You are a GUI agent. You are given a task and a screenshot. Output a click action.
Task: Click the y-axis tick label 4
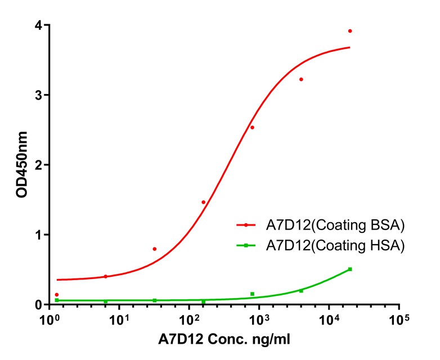tap(38, 25)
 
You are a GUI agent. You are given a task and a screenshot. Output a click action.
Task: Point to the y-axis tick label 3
tap(38, 95)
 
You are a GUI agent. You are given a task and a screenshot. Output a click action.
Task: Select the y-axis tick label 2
tap(38, 165)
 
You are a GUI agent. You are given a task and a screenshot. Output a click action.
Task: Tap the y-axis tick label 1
tap(38, 235)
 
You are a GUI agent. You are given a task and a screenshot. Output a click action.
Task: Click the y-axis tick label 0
tap(38, 304)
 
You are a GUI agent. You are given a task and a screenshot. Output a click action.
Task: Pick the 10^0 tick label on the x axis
tap(49, 320)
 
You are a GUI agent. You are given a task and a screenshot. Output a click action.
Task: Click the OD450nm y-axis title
tap(21, 165)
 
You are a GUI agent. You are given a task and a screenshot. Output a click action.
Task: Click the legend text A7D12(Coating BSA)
tap(335, 226)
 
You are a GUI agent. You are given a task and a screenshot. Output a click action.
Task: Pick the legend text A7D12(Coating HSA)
tap(335, 246)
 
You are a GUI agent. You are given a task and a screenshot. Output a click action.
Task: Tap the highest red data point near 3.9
tap(350, 31)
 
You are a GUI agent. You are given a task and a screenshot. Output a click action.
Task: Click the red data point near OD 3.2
tap(301, 79)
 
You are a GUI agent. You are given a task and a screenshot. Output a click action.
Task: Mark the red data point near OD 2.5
tap(252, 127)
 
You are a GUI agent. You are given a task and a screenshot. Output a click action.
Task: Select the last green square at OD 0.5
tap(350, 269)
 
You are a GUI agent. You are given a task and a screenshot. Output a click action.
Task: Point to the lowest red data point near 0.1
tap(57, 295)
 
